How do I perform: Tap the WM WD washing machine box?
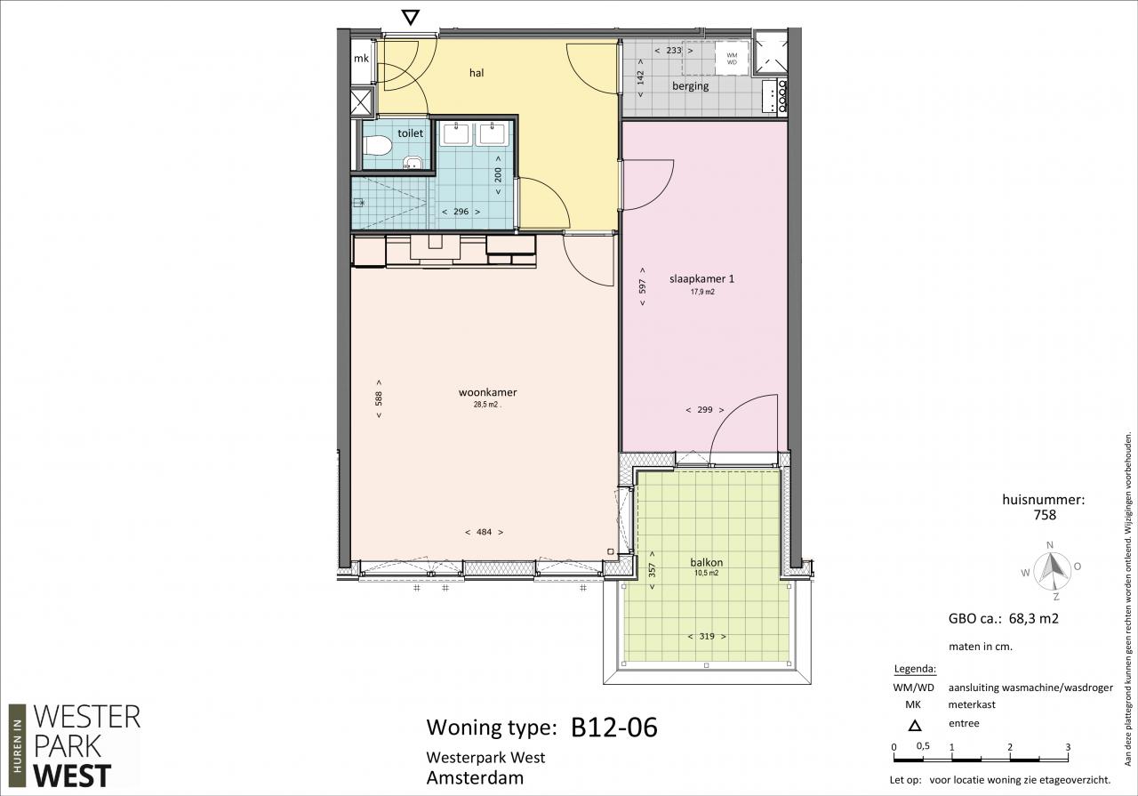(x=732, y=59)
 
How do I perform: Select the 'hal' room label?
(x=477, y=73)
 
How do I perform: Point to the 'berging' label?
(x=691, y=86)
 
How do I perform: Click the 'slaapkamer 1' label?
(x=701, y=279)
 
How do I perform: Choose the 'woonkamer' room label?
(x=488, y=392)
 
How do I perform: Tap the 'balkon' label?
(x=707, y=562)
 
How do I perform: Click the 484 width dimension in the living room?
(x=485, y=532)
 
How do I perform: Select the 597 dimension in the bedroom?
(x=643, y=286)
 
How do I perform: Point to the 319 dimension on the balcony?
(x=707, y=637)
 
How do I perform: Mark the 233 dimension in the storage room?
(x=674, y=51)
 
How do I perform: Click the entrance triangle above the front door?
(x=411, y=18)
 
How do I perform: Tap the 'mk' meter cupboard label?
(x=361, y=59)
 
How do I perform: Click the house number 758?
(x=1045, y=515)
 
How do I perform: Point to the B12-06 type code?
(x=614, y=728)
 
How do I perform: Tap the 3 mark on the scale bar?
(x=1068, y=747)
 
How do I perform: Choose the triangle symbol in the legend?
(x=915, y=726)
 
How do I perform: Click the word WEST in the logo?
(x=72, y=776)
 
